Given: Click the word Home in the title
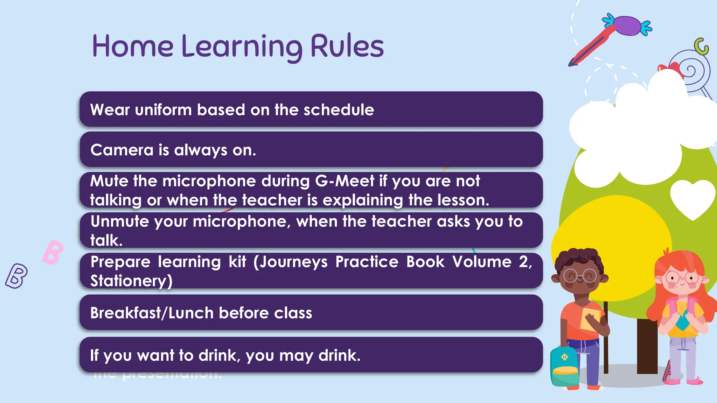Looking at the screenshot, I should pos(133,47).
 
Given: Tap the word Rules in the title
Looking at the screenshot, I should pos(347,47).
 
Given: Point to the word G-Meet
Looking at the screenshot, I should pos(344,181).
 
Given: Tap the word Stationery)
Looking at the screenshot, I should pos(131,281).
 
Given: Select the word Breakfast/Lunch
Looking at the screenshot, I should pos(152,313).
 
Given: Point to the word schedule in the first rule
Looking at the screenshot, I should pos(339,110).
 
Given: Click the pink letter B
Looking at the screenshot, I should pos(53,252).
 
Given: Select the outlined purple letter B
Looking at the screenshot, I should pos(16,276).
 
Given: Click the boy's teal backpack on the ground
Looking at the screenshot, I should pos(564,366).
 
